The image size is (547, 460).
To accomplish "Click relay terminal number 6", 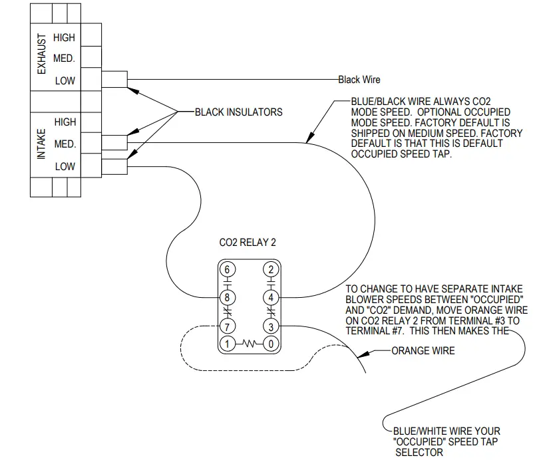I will click(x=228, y=269).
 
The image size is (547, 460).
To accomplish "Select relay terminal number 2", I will click(x=271, y=269).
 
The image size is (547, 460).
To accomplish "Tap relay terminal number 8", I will click(x=228, y=297).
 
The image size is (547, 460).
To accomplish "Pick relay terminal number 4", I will click(x=271, y=297).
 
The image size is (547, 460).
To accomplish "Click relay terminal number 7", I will click(x=228, y=326).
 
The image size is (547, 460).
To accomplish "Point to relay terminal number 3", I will click(x=271, y=326).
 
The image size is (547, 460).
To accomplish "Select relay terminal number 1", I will click(x=228, y=344).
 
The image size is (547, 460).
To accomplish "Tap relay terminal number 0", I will click(x=271, y=344).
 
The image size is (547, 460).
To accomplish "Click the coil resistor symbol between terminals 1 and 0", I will click(x=249, y=344).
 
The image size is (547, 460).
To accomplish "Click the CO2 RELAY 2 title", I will click(x=248, y=243).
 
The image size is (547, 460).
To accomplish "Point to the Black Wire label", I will click(x=359, y=80).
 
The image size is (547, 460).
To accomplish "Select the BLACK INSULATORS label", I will click(x=238, y=112).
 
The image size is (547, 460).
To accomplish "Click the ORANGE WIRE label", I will click(x=423, y=350).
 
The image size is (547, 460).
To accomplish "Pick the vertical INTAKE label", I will click(x=41, y=144).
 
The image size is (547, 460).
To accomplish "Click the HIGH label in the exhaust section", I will click(x=65, y=39).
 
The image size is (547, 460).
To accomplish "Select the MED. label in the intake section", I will click(x=65, y=144).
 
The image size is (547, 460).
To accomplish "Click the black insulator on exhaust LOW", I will click(x=115, y=80).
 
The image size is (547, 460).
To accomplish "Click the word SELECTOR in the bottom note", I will click(x=419, y=452).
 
